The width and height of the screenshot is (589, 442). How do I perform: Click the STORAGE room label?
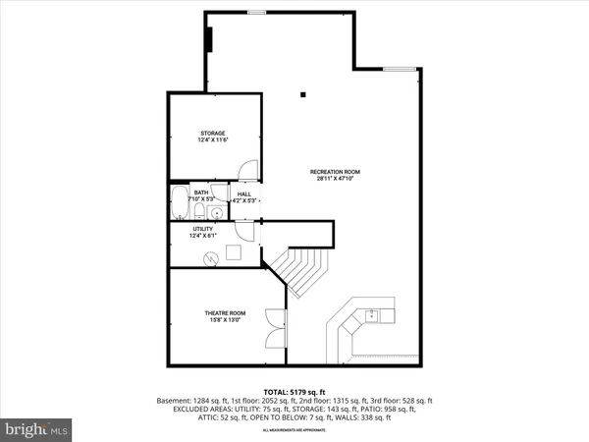click(x=214, y=133)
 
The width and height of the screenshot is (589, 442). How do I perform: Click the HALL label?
click(x=244, y=193)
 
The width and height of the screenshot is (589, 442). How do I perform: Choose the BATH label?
click(x=200, y=193)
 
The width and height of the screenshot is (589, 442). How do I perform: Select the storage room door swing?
click(x=251, y=170)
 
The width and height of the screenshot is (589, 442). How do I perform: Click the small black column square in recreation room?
click(x=303, y=94)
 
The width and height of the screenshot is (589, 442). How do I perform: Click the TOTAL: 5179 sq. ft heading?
click(x=294, y=391)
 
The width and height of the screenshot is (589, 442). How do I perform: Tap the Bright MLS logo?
click(x=36, y=428)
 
